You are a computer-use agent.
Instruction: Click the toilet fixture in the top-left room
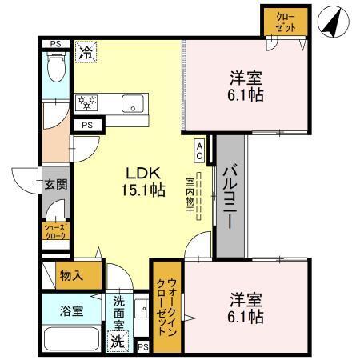[x=54, y=68]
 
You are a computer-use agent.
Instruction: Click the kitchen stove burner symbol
[x=86, y=102]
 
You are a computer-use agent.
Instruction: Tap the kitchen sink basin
[x=131, y=102]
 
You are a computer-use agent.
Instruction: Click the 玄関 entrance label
[x=54, y=185]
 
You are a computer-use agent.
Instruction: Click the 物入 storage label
[x=71, y=274]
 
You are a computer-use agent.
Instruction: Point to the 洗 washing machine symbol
[x=118, y=340]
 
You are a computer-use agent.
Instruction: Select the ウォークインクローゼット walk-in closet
[x=167, y=307]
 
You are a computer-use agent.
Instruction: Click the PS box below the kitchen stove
[x=86, y=126]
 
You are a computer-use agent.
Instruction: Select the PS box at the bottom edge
[x=143, y=346]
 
